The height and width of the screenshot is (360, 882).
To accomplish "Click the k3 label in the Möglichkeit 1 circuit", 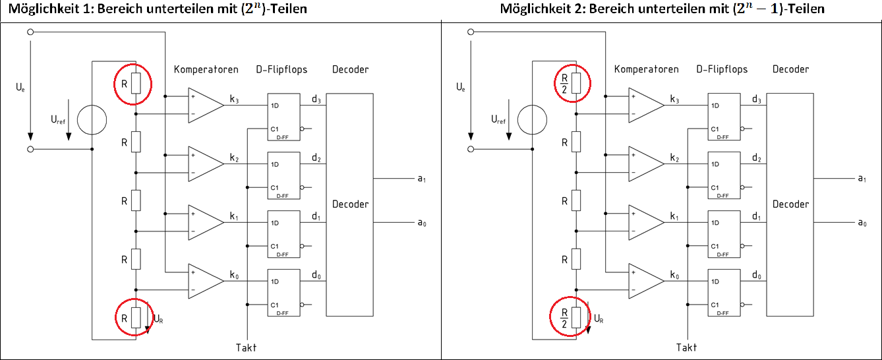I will pyautogui.click(x=235, y=100).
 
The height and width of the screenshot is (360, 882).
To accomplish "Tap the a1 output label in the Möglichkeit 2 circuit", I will pyautogui.click(x=862, y=179).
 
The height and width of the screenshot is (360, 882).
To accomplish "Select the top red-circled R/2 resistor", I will pyautogui.click(x=570, y=82).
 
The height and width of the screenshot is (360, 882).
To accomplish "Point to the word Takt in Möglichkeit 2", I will pyautogui.click(x=686, y=347).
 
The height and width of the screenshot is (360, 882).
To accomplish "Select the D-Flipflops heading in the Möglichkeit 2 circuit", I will pyautogui.click(x=722, y=69).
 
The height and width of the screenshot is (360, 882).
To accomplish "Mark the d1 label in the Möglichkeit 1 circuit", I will pyautogui.click(x=316, y=216).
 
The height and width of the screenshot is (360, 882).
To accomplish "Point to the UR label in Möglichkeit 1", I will pyautogui.click(x=158, y=318).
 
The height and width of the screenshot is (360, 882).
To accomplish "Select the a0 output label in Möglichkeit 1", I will pyautogui.click(x=422, y=224).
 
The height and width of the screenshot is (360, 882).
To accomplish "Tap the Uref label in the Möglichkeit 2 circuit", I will pyautogui.click(x=498, y=120).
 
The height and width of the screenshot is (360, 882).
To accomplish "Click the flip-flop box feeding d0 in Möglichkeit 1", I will pyautogui.click(x=283, y=292).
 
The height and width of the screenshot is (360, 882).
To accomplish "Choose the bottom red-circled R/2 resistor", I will pyautogui.click(x=571, y=317).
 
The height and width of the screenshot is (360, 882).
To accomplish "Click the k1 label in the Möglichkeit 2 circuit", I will pyautogui.click(x=674, y=216).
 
